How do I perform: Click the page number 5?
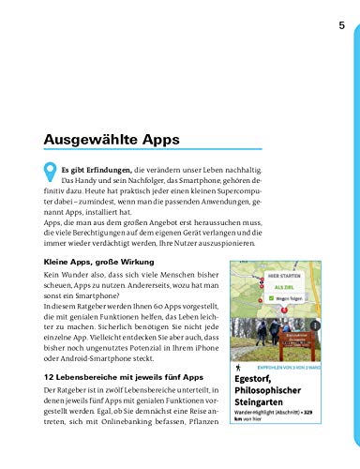coord(341,25)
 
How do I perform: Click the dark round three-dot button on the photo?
coord(315,325)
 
